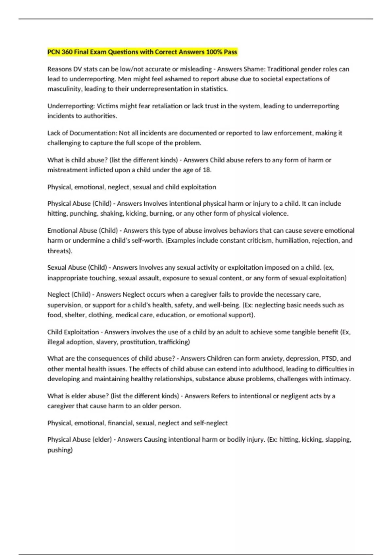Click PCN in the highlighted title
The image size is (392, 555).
[54, 52]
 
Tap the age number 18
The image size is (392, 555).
[206, 170]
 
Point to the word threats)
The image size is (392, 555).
[60, 251]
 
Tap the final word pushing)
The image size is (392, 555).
[60, 450]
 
